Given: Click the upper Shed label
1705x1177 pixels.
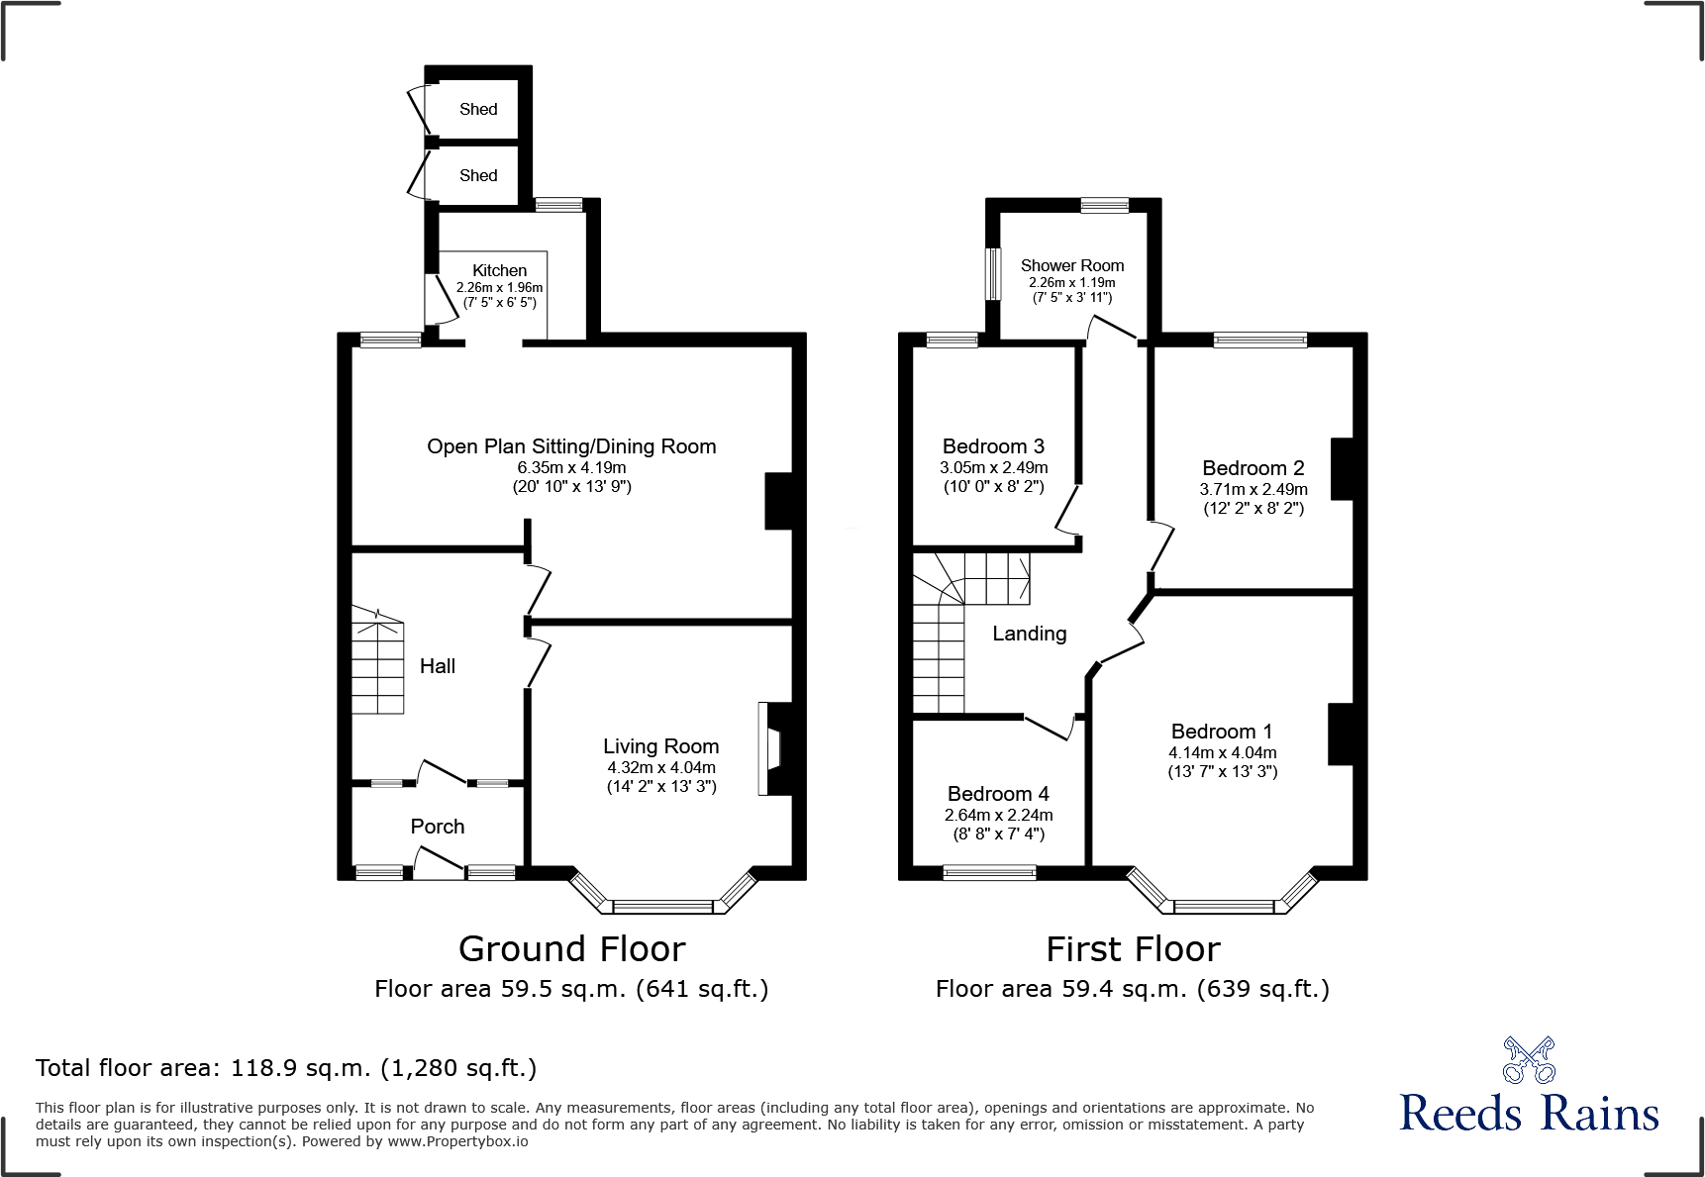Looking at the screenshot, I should [x=478, y=109].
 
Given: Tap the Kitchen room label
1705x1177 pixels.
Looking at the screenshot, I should [x=499, y=270].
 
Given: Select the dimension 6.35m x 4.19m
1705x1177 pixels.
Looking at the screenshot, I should [x=571, y=467].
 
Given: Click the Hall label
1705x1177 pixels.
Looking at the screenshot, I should [x=437, y=666].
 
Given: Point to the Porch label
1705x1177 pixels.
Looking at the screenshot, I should [x=437, y=827].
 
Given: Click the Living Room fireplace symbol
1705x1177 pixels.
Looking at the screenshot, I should [x=770, y=748].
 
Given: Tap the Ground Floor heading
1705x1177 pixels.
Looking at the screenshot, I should [x=571, y=948].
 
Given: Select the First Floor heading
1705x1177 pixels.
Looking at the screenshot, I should [x=1133, y=948].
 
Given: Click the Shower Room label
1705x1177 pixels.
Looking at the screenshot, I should [x=1072, y=265].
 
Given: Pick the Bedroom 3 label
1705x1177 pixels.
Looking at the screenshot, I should [x=993, y=446].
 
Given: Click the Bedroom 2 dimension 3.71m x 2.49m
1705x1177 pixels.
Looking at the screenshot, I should [x=1254, y=489].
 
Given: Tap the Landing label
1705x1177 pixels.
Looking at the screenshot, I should [x=1030, y=634].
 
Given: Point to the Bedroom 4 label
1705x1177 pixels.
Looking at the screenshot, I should [x=998, y=794].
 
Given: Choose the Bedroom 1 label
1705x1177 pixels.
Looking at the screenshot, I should [x=1221, y=732].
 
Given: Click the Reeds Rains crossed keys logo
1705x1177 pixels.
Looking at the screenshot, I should [x=1529, y=1060].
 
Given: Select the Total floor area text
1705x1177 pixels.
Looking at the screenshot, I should [x=286, y=1068].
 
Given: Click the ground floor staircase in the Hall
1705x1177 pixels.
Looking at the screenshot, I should [x=377, y=663].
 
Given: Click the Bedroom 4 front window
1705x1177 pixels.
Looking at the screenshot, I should [x=989, y=872].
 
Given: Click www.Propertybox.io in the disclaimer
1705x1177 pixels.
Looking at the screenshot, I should [x=457, y=1141].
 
